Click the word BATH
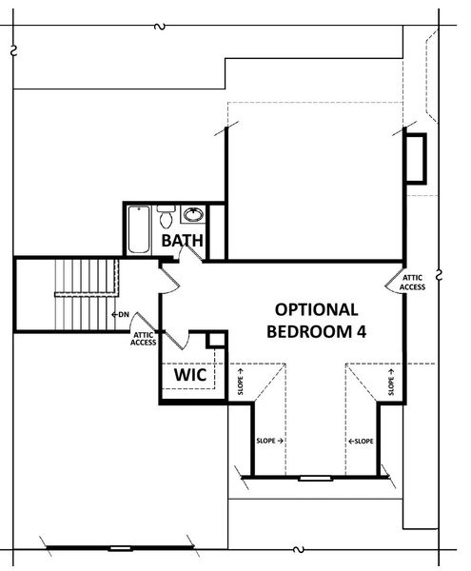181,242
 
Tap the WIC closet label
189,376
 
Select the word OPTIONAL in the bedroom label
316,309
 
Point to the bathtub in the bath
139,229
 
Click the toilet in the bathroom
166,214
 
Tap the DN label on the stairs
122,314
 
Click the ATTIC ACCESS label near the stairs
143,338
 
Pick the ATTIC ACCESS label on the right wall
412,281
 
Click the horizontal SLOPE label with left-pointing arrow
361,441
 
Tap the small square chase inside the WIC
216,341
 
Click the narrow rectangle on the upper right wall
416,158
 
